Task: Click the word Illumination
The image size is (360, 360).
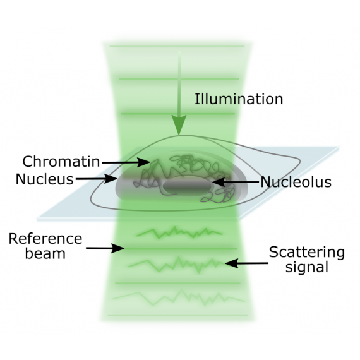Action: pyautogui.click(x=239, y=99)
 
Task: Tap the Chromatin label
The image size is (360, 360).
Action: pyautogui.click(x=61, y=162)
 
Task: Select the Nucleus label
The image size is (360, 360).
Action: pyautogui.click(x=45, y=179)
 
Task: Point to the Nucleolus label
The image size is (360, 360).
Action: pyautogui.click(x=296, y=182)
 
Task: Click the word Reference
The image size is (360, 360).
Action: pyautogui.click(x=45, y=239)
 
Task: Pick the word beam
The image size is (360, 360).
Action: pyautogui.click(x=45, y=253)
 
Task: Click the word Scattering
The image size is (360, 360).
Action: pyautogui.click(x=307, y=253)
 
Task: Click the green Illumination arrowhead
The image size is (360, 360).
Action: pyautogui.click(x=179, y=124)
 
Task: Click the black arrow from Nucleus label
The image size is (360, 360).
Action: pyautogui.click(x=97, y=178)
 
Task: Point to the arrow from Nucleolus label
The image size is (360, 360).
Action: pyautogui.click(x=236, y=182)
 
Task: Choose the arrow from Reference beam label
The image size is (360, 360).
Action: pyautogui.click(x=105, y=248)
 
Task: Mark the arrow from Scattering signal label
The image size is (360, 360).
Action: pyautogui.click(x=246, y=263)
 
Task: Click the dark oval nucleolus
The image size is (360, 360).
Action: pyautogui.click(x=188, y=186)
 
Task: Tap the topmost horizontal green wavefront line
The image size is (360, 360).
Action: pyautogui.click(x=177, y=46)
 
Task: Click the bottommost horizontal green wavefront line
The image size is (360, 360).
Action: pyautogui.click(x=177, y=315)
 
